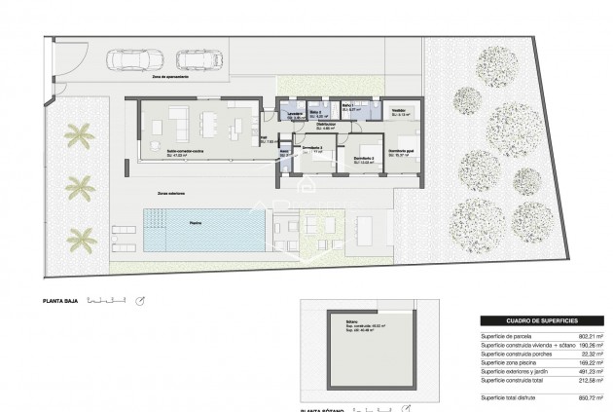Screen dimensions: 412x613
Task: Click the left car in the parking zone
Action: pyautogui.click(x=125, y=59)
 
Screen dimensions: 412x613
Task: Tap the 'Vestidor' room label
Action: pyautogui.click(x=398, y=110)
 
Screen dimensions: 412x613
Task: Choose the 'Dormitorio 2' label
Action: pyautogui.click(x=364, y=159)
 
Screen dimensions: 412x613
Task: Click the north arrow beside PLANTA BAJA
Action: pyautogui.click(x=142, y=300)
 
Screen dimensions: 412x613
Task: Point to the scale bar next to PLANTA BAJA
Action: pyautogui.click(x=105, y=300)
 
